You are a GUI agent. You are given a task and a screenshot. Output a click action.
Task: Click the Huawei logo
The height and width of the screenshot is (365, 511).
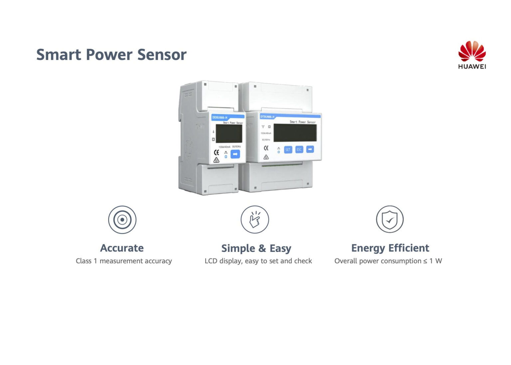coord(472,55)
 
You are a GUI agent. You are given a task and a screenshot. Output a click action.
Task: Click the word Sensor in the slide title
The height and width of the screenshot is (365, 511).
coord(162,55)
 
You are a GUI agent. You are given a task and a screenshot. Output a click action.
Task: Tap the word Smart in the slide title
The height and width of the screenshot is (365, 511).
coord(59,55)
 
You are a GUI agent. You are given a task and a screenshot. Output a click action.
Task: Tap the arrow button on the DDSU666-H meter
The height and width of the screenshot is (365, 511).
coord(235,154)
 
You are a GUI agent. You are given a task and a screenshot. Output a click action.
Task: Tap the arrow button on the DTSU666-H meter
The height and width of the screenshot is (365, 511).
coord(310,149)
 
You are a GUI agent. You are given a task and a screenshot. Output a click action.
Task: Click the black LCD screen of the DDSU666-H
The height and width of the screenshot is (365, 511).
coord(229,133)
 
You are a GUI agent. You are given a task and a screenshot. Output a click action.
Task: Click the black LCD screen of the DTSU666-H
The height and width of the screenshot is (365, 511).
coord(295,133)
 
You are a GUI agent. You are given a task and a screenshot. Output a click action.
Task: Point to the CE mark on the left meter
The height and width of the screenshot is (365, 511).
coord(217,152)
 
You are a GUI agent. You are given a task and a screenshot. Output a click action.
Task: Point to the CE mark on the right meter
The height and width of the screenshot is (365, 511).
coord(266,148)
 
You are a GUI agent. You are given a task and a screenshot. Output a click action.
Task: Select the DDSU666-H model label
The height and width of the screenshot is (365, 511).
coord(220,117)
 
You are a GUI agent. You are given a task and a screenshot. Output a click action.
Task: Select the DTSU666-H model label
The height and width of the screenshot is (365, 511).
coord(267,117)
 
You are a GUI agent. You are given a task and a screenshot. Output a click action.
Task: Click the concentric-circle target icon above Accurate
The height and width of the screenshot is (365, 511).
coord(122,220)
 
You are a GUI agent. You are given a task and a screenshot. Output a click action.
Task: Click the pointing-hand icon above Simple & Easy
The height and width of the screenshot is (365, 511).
coord(255,220)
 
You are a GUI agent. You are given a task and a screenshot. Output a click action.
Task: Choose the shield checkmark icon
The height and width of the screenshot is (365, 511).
coord(390,220)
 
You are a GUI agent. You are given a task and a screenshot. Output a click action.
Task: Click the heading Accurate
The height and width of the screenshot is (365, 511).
coord(122,248)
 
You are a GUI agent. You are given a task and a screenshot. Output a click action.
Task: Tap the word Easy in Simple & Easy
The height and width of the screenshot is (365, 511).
coord(280,249)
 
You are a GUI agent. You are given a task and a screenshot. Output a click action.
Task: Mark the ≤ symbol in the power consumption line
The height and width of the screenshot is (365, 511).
coord(425,261)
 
